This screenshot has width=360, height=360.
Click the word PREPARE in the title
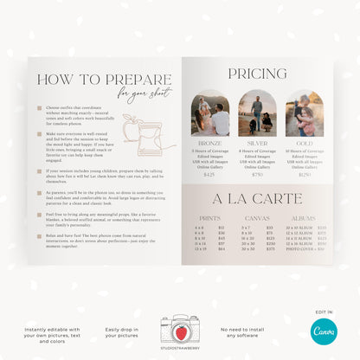(x=130, y=80)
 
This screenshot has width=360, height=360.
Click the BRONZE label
(x=211, y=144)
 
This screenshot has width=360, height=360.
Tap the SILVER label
(x=257, y=144)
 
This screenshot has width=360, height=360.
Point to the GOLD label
(x=305, y=144)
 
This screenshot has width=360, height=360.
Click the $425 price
(x=209, y=175)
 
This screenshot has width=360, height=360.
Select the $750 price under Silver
(x=257, y=175)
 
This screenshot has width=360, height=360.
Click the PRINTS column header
(x=209, y=218)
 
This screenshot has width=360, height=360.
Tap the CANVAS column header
(x=257, y=218)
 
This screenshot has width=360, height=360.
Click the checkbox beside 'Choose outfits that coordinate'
(x=39, y=109)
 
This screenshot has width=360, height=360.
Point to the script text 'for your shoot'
(x=138, y=94)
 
